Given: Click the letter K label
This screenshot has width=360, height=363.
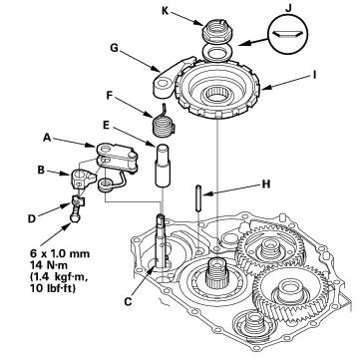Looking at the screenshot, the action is coord(166,11).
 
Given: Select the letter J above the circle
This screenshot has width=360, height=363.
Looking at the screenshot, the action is coord(288,8).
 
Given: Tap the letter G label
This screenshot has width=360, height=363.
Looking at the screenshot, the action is coord(114,48).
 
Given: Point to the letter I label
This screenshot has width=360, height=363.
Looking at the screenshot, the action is coord(314,75).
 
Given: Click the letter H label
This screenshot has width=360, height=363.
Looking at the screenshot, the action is coord(266,183).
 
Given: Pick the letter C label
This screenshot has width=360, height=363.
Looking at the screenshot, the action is coord(128,301).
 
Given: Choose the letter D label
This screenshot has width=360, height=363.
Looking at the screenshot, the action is coord(32,219).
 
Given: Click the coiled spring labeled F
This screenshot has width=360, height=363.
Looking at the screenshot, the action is coord(163,121).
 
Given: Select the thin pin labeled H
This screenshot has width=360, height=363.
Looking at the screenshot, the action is coord(198,198).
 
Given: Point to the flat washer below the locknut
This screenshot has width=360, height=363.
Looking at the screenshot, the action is coord(217,53).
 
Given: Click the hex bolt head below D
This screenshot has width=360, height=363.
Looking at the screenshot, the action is coord(74,218).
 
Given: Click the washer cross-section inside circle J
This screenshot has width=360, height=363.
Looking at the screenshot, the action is coord(287,33).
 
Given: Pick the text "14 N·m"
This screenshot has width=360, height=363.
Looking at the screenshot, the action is coord(50,265).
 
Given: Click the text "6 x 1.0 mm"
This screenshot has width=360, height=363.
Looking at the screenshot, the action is coord(60,253).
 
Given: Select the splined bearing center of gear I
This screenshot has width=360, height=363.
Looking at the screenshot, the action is coord(217,94).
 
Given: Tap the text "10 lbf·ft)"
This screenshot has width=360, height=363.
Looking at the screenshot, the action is coord(53,288).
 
